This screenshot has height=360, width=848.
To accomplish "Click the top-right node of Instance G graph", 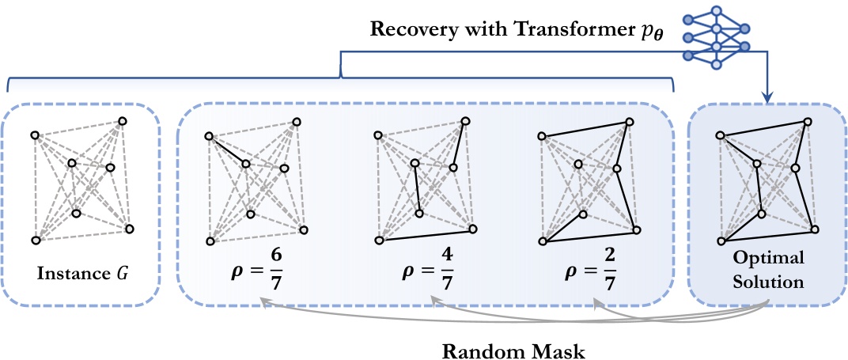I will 123,121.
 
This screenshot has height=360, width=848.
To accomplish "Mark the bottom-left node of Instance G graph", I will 36,240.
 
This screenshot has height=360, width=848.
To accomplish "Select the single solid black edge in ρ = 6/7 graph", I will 228,150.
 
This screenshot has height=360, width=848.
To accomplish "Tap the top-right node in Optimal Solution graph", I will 808,121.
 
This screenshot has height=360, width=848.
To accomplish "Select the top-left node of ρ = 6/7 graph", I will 207,135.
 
